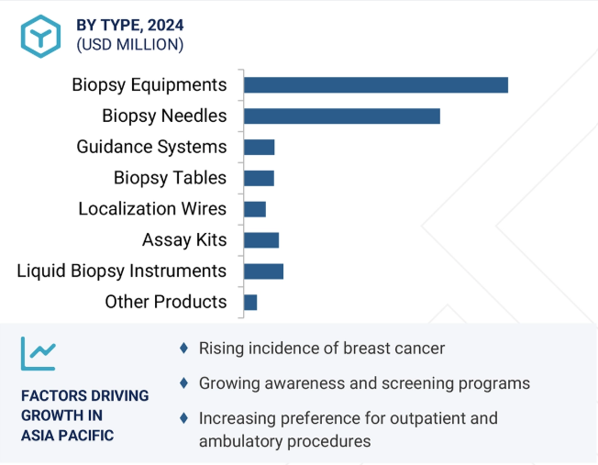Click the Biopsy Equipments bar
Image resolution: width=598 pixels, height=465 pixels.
[376, 84]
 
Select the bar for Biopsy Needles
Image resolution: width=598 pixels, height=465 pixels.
[342, 116]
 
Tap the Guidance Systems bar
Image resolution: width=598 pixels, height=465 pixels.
[260, 148]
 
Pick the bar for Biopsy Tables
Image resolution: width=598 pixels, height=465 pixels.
[259, 178]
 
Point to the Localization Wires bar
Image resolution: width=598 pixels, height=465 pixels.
[255, 209]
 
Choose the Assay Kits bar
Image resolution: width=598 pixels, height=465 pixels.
[261, 240]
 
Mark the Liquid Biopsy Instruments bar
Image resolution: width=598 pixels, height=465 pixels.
[263, 271]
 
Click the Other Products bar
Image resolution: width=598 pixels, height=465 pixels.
[250, 303]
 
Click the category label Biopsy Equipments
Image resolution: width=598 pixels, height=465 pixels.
[149, 85]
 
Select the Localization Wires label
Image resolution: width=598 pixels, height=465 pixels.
[152, 209]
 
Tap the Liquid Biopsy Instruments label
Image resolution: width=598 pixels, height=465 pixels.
[122, 271]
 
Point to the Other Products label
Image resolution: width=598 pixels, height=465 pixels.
[166, 302]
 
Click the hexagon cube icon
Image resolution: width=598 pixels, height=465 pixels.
[40, 37]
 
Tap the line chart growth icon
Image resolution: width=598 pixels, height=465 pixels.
[39, 354]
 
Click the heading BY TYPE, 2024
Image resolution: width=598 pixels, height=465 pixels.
[130, 25]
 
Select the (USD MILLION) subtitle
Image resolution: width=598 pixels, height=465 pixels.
[130, 45]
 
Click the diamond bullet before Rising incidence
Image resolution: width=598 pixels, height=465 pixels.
[183, 348]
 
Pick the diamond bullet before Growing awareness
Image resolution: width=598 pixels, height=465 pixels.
[183, 383]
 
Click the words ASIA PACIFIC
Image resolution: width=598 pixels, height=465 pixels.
[68, 436]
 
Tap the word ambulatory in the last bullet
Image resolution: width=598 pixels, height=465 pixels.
[241, 441]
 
